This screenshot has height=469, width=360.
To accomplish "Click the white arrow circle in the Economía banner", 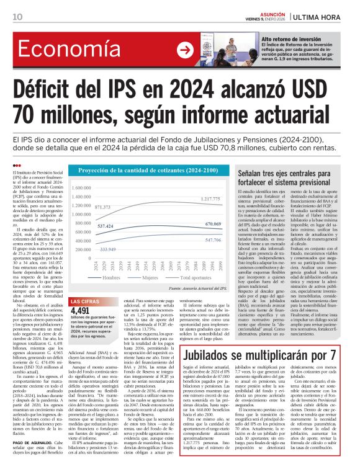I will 185,50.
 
